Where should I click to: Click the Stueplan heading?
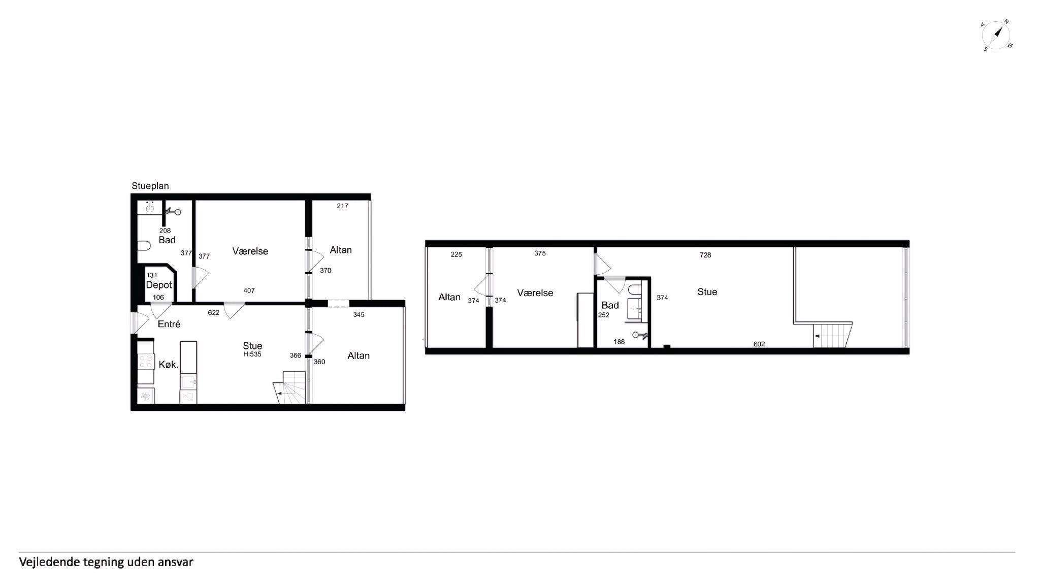tap(150, 186)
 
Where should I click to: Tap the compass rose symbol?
tap(996, 36)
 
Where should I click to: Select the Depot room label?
tap(159, 285)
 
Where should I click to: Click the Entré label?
tap(169, 324)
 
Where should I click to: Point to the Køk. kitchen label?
tap(169, 365)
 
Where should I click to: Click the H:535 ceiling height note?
tap(252, 354)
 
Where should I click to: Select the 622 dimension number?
tap(214, 313)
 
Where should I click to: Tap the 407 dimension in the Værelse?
tap(249, 291)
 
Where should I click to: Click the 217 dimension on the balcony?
tap(342, 206)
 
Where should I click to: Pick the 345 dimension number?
tap(359, 315)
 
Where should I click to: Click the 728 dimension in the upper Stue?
tap(705, 255)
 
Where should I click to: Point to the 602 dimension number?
tap(759, 344)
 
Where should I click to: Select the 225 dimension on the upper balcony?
tap(457, 255)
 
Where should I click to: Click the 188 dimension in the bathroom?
tap(619, 342)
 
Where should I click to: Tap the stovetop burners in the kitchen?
tap(146, 362)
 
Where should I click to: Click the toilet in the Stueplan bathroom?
tap(144, 246)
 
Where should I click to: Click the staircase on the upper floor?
tap(832, 335)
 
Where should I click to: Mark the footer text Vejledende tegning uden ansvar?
tap(106, 562)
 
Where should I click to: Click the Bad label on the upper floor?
tap(610, 305)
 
